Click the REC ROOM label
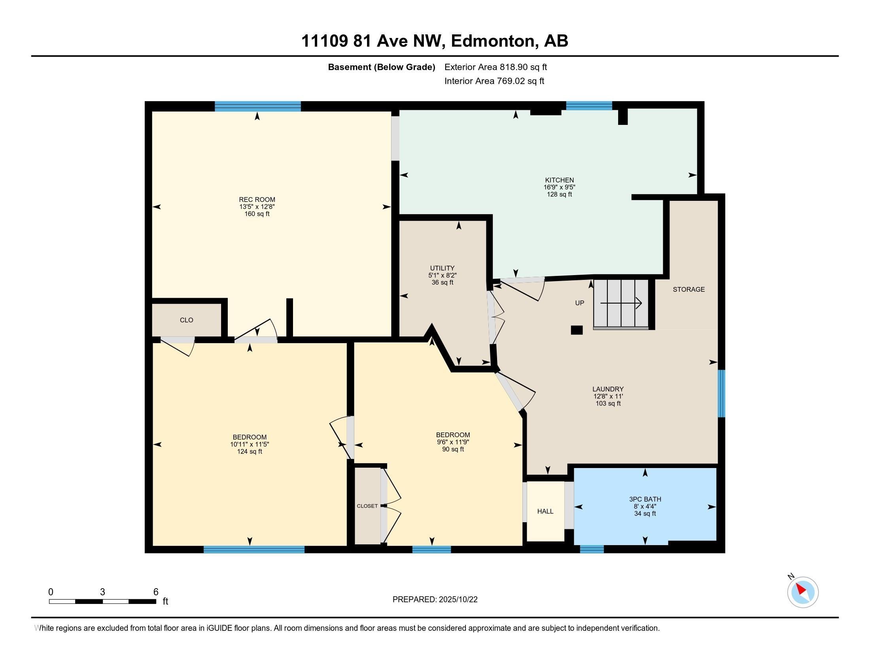257,200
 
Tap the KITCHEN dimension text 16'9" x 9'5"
559,187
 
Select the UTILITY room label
442,268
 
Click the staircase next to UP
621,304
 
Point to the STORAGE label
689,289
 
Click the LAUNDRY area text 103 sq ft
608,403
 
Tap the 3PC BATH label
645,499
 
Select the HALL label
545,511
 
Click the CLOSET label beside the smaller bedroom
367,506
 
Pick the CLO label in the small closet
186,320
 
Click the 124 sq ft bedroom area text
250,451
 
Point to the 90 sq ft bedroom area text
453,449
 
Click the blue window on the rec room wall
258,106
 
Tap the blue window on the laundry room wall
721,393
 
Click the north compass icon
803,592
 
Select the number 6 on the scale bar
156,592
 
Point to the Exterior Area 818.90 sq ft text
496,67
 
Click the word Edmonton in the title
493,41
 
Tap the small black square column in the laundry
577,330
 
